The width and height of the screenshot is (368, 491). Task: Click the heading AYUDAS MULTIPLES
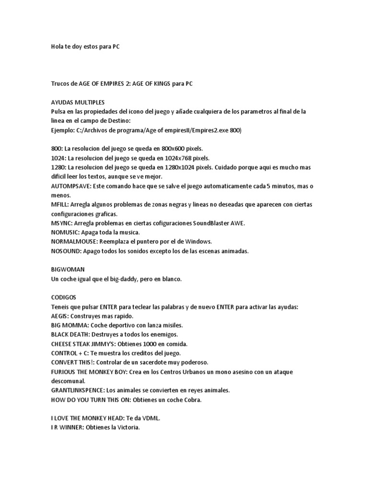(77, 102)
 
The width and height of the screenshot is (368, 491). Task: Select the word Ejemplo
(62, 130)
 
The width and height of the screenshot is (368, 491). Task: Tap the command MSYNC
(61, 223)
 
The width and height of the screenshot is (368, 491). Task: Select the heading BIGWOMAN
(68, 269)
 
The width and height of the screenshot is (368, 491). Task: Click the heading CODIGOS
(64, 297)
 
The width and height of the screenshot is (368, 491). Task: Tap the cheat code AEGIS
(59, 316)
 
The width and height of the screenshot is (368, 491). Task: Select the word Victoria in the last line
(125, 427)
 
